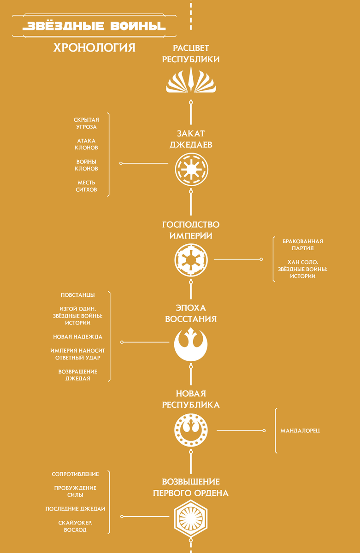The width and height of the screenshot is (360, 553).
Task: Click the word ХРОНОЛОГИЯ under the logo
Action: tap(94, 47)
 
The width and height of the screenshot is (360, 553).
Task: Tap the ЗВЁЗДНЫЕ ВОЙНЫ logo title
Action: tap(94, 26)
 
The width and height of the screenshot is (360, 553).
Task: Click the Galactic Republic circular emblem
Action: tap(192, 170)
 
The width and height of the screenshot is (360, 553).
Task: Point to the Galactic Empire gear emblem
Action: tap(191, 260)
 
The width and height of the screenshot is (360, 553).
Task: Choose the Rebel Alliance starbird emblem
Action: tap(191, 344)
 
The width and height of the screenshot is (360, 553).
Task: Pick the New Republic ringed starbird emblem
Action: tap(191, 430)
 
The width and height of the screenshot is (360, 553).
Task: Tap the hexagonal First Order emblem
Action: tap(191, 518)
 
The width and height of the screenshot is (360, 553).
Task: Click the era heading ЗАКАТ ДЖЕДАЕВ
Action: tap(191, 139)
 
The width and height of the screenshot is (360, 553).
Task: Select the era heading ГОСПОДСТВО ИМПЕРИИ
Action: tap(191, 230)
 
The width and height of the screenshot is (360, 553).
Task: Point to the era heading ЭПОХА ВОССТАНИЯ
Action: tap(191, 313)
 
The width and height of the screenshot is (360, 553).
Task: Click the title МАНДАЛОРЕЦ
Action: tap(300, 430)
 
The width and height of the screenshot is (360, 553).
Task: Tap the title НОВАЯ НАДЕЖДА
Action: tap(77, 337)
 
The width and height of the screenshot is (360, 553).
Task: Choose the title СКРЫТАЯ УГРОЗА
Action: tap(86, 123)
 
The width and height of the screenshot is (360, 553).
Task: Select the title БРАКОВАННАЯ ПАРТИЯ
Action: tap(303, 245)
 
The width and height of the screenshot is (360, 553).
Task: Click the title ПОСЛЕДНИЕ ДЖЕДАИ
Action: tap(75, 509)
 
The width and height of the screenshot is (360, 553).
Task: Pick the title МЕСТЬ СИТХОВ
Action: tap(86, 186)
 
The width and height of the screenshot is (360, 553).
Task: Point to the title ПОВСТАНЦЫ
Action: tap(77, 295)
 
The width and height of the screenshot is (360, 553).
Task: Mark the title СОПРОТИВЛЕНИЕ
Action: tap(75, 474)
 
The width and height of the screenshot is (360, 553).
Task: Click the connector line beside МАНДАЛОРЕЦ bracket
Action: tap(241, 430)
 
